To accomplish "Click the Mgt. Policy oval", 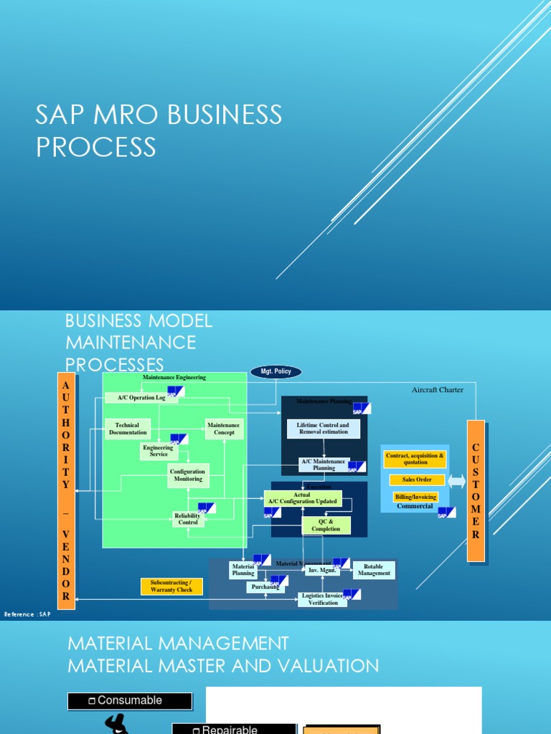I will coord(276,372).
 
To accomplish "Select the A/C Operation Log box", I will coord(141,397).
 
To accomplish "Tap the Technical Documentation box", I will coord(128,429).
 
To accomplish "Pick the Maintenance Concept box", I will coord(225,429).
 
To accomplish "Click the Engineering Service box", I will coord(159,451).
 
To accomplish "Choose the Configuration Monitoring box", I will coord(188,475).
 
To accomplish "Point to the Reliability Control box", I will coord(188,519).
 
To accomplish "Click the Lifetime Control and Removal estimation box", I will coord(323,429).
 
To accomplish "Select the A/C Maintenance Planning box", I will coord(324,464).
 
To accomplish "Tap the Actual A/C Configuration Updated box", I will coord(302,498).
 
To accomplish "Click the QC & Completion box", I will coord(326,525).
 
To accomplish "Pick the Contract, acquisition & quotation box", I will coord(415,459).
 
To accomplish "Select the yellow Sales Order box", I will coord(417,480).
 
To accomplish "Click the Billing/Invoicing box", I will coord(415,497).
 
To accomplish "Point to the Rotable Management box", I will coord(374,570).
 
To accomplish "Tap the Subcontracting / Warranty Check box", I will coord(171,586).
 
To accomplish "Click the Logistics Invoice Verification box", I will coord(323,599).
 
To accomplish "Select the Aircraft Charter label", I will coord(438,390).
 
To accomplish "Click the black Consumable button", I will coord(130,701).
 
